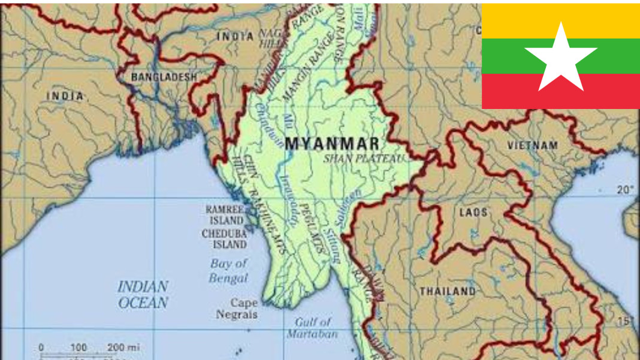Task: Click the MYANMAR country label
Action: point(332,144)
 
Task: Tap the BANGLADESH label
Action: point(164,77)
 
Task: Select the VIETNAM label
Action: point(532,145)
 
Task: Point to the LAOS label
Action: point(473,213)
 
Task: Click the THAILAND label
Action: point(447,292)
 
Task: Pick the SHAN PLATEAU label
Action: point(364,159)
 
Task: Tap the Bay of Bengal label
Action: point(228,271)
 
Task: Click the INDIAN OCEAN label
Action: point(143,295)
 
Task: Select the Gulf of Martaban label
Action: point(312,328)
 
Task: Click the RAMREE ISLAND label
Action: point(224,214)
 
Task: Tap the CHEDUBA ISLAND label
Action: point(224,238)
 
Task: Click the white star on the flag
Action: point(561,58)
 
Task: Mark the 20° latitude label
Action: point(625,190)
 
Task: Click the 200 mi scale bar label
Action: point(123,347)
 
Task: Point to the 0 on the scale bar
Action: point(41,347)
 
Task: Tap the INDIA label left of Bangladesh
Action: point(65,96)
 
